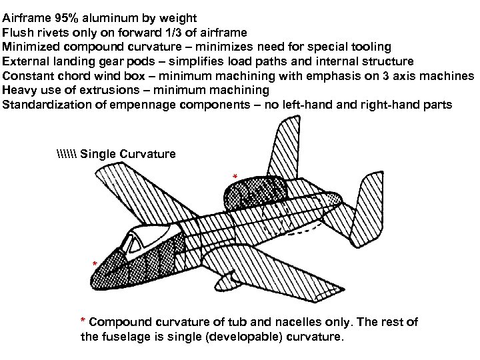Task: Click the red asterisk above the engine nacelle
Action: pyautogui.click(x=234, y=177)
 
